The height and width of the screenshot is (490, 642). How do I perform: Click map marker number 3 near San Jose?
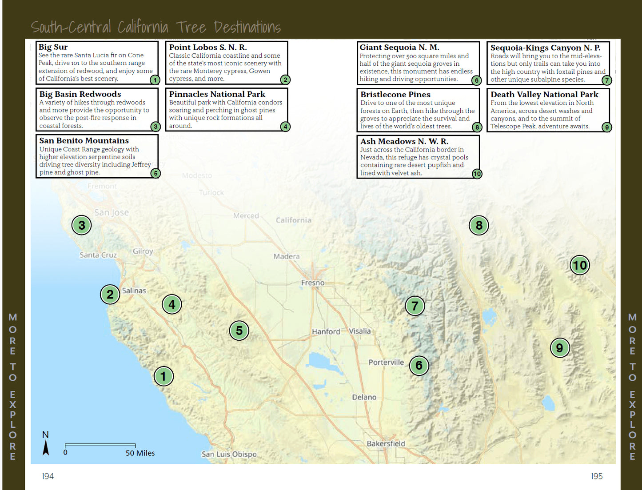coord(82,225)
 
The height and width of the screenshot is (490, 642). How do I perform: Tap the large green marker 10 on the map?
coord(579,265)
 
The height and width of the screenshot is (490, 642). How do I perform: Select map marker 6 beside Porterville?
coord(419,366)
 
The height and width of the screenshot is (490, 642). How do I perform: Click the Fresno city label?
coord(313,283)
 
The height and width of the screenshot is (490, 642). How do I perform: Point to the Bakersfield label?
coord(386,443)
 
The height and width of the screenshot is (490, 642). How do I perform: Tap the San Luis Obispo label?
coord(229,454)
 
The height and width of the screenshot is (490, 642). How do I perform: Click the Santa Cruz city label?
coord(98,255)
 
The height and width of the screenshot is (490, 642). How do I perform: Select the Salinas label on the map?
coord(134,291)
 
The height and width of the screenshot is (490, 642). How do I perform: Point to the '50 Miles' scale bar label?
coord(140,453)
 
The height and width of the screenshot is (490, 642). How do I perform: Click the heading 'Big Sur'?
coord(53,47)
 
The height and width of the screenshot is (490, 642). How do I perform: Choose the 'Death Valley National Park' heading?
coord(544,95)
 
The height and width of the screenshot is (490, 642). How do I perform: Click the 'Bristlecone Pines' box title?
coord(395,95)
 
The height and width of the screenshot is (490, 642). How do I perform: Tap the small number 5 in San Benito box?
coord(155,173)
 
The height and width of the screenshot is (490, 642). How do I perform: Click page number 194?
coord(48,476)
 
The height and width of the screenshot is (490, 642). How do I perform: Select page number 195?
coord(597,476)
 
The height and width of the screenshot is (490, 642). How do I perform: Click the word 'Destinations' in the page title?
coord(247,28)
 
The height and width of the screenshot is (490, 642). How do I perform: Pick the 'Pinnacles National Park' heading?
coord(217,94)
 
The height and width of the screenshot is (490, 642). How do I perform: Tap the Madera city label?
coord(286,256)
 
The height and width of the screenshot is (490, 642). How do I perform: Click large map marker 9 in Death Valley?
coord(559,348)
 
